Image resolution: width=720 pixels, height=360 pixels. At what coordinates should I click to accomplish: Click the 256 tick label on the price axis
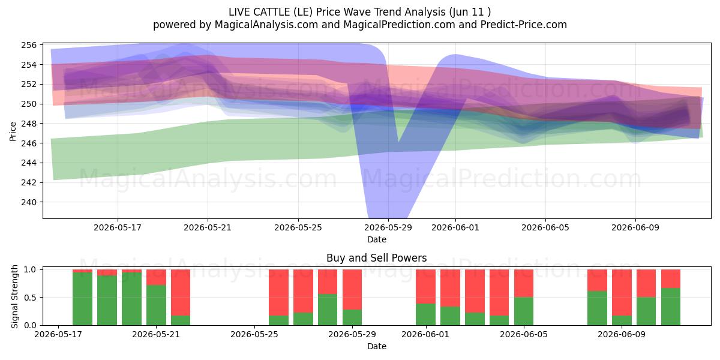click(29, 45)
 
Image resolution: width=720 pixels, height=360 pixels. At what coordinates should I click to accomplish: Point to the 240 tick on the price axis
click(29, 202)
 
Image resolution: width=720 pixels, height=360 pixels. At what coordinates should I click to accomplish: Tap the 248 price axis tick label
click(29, 124)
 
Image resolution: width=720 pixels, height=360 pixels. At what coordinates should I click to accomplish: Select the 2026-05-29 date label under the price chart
click(388, 227)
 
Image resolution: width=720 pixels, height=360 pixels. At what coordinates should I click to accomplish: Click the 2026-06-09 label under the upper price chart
click(635, 227)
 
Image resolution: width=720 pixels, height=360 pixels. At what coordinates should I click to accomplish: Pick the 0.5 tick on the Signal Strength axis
click(30, 298)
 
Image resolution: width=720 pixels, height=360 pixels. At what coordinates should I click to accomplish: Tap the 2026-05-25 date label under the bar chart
click(254, 334)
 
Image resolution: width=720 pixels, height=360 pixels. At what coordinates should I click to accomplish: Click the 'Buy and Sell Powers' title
click(376, 258)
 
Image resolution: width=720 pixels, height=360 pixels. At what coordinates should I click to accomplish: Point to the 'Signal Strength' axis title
click(14, 296)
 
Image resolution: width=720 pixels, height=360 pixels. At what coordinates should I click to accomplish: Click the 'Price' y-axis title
click(13, 131)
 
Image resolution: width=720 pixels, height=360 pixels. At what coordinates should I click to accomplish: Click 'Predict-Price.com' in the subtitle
click(524, 25)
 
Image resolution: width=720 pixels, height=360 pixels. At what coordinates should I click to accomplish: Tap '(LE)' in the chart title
click(303, 12)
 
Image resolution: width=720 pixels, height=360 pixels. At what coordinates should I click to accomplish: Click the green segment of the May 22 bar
click(181, 320)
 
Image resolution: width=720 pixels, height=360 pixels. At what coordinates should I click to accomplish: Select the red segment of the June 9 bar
click(622, 293)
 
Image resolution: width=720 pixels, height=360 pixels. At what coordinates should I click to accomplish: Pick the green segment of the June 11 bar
click(671, 307)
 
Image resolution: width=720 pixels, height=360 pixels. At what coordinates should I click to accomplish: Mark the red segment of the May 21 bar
click(156, 277)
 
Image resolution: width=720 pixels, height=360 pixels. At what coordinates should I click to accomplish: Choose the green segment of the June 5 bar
click(524, 311)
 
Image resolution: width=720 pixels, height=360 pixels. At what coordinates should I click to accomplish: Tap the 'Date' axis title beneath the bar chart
click(377, 346)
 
